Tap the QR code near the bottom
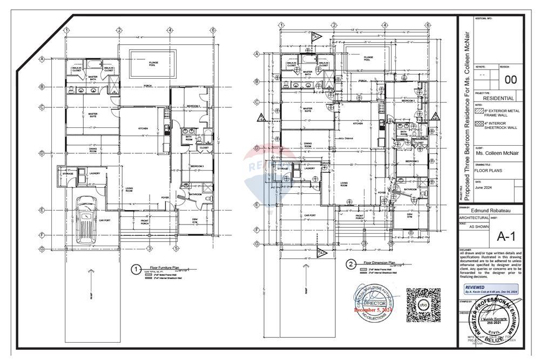click(x=423, y=305)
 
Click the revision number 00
click(x=510, y=80)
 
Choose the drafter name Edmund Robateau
click(x=490, y=210)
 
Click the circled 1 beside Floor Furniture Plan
click(x=137, y=268)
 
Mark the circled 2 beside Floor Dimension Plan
click(x=352, y=264)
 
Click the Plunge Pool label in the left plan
click(x=153, y=64)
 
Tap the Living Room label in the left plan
click(x=130, y=189)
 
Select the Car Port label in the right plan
click(x=310, y=215)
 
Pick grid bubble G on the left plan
click(x=41, y=248)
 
